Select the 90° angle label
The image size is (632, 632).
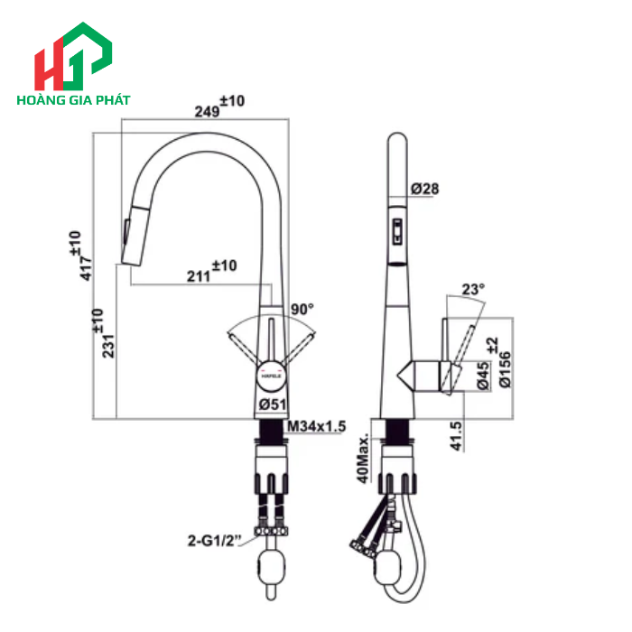(302, 309)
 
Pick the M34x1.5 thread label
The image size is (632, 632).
(317, 426)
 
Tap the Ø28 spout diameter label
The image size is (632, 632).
(424, 189)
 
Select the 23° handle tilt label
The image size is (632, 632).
(473, 289)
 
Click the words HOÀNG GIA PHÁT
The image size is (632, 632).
(73, 100)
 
